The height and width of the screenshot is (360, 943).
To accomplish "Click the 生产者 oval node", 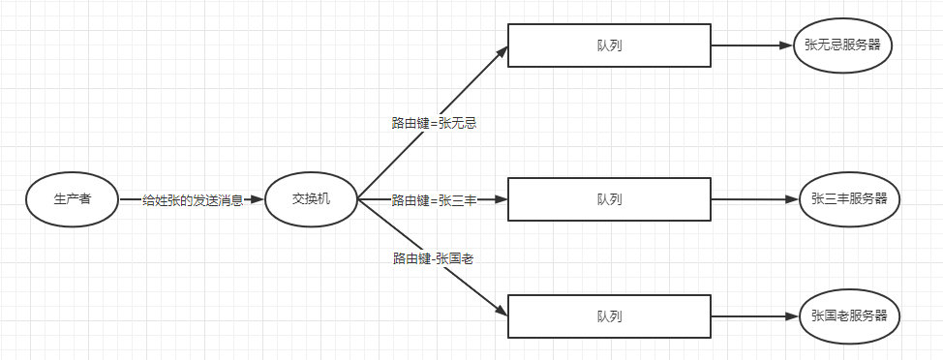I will pyautogui.click(x=72, y=199).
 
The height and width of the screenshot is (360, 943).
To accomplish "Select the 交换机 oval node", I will pyautogui.click(x=311, y=199).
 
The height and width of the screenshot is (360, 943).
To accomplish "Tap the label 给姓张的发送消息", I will pyautogui.click(x=193, y=199).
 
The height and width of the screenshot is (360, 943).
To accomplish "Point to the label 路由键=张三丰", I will pyautogui.click(x=435, y=200).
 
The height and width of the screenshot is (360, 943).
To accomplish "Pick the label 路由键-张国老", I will pyautogui.click(x=433, y=258).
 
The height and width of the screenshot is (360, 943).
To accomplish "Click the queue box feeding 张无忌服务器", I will pyautogui.click(x=609, y=45).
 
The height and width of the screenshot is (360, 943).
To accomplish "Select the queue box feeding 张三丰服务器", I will pyautogui.click(x=609, y=199).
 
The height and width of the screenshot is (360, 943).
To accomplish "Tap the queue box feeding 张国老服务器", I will pyautogui.click(x=609, y=315).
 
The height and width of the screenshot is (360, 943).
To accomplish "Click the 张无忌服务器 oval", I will pyautogui.click(x=842, y=45).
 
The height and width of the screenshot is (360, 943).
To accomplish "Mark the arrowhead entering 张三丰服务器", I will pyautogui.click(x=792, y=199).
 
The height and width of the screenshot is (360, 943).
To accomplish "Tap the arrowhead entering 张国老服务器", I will pyautogui.click(x=792, y=315).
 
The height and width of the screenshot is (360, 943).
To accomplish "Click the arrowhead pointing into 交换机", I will pyautogui.click(x=256, y=199).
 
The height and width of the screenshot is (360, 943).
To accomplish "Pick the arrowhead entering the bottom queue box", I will pyautogui.click(x=502, y=312).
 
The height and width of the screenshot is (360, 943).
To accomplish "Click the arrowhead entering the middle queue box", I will pyautogui.click(x=501, y=199).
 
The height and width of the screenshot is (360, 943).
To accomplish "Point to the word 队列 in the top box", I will pyautogui.click(x=609, y=45).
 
